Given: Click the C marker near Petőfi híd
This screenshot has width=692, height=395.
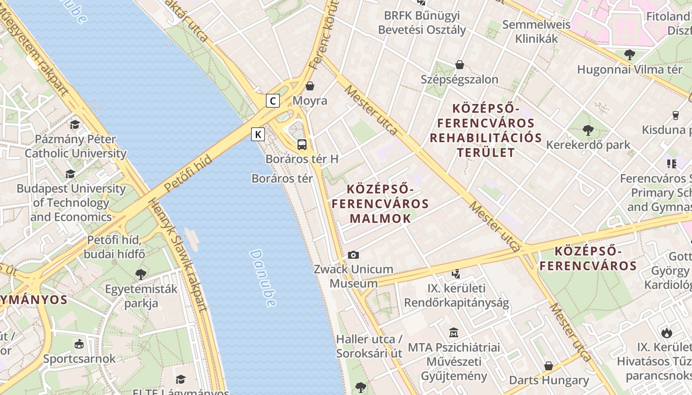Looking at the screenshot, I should [273, 101].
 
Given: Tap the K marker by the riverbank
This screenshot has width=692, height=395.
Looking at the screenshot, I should [258, 134].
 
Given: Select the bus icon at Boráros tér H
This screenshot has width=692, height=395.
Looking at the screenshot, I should [302, 145].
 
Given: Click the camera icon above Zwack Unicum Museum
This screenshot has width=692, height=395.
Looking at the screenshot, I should [353, 255].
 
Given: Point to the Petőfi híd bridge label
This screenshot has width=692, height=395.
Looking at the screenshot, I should [188, 173].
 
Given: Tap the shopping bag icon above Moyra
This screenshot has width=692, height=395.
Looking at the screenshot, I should [310, 86].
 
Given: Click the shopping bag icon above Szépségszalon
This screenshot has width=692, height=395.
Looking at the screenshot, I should [460, 65].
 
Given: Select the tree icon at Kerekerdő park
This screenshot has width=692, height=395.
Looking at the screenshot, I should [588, 130].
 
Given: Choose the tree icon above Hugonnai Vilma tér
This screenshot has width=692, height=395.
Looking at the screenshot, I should [629, 55].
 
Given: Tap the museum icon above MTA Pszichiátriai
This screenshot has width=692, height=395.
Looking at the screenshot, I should [454, 332].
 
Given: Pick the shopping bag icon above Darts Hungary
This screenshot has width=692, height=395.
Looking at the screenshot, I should [549, 366].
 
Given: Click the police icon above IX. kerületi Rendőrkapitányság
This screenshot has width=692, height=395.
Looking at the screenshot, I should [456, 273].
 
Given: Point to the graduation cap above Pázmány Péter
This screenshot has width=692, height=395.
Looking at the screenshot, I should [75, 124].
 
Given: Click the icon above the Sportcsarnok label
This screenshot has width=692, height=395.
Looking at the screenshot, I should [79, 344].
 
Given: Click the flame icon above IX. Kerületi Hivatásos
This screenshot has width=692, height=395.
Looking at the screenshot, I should [666, 332].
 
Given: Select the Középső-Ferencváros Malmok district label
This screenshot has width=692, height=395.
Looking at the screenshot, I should [380, 203].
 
